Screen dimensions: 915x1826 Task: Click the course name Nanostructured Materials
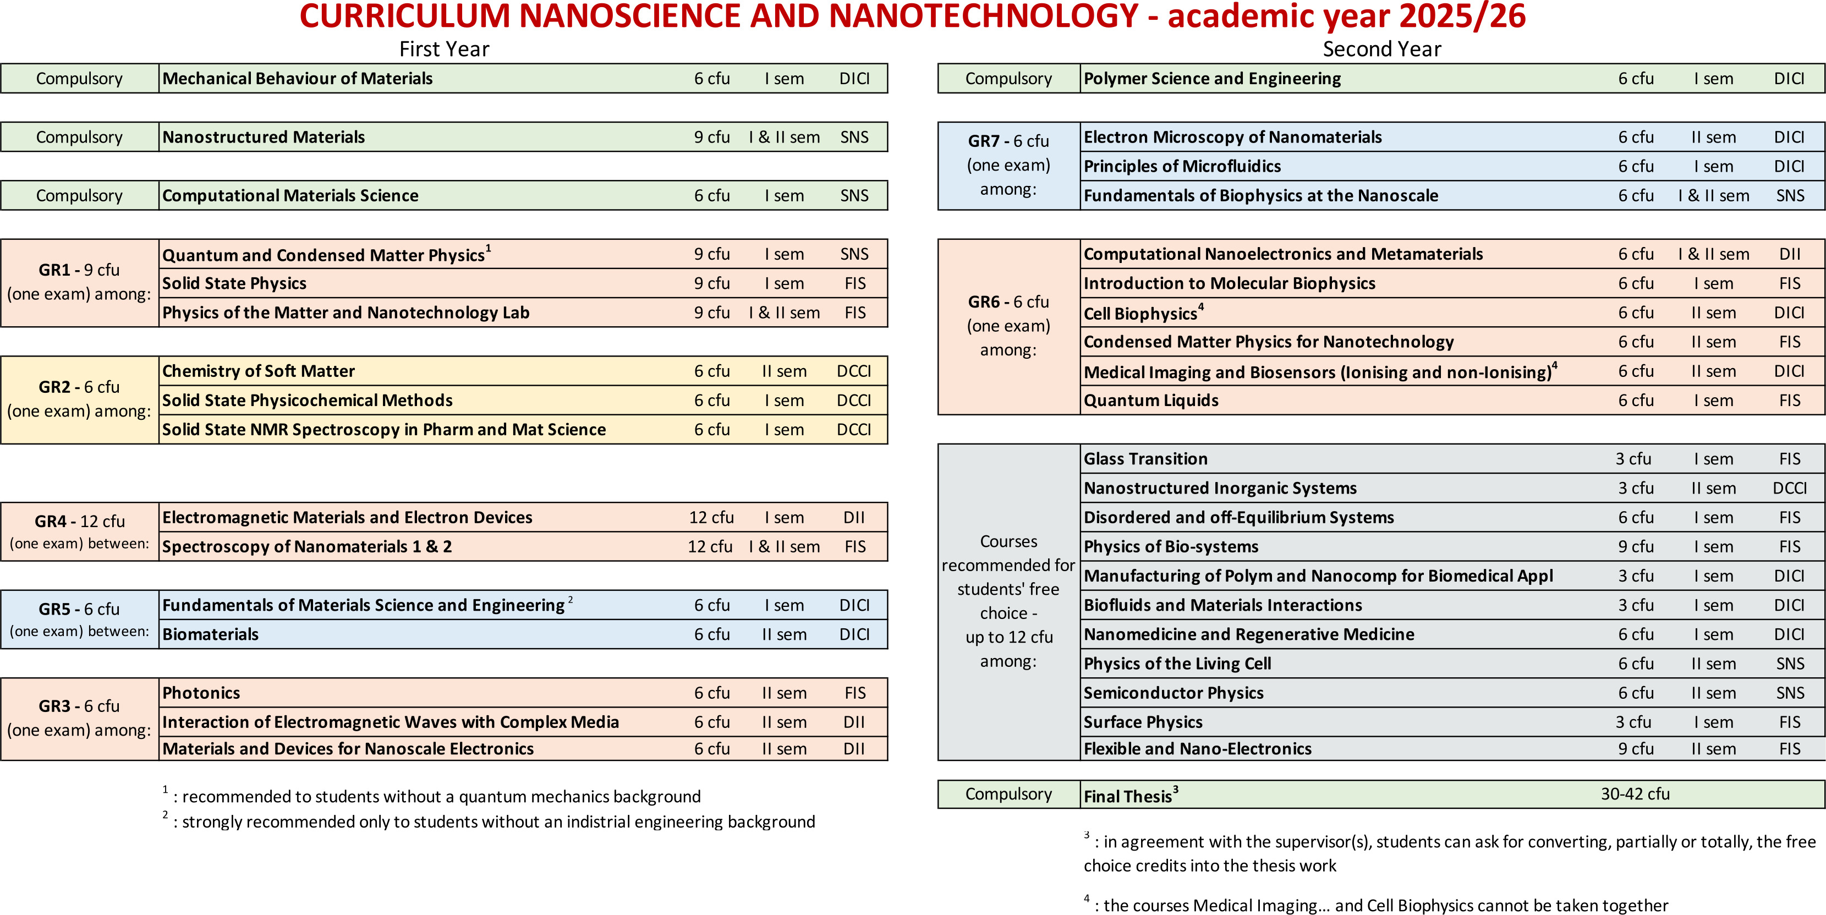point(263,137)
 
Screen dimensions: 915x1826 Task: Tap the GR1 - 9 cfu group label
point(79,270)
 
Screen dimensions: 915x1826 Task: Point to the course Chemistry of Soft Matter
point(258,371)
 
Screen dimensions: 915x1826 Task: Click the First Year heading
point(444,49)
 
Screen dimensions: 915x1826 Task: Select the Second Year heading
point(1381,49)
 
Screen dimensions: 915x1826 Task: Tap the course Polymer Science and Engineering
point(1211,79)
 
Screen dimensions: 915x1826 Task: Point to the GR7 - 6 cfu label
point(1008,141)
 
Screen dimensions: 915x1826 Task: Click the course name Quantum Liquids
point(1150,401)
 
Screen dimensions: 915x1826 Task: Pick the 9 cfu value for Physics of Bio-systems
point(1635,546)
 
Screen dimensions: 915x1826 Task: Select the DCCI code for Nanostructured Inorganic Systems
point(1789,489)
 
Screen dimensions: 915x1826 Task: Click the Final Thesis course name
point(1127,796)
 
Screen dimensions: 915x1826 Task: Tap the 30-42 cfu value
point(1635,794)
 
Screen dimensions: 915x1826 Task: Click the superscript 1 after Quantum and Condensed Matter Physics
point(489,248)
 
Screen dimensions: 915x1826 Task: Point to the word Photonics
point(201,693)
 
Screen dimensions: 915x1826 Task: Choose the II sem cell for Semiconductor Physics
point(1713,693)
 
